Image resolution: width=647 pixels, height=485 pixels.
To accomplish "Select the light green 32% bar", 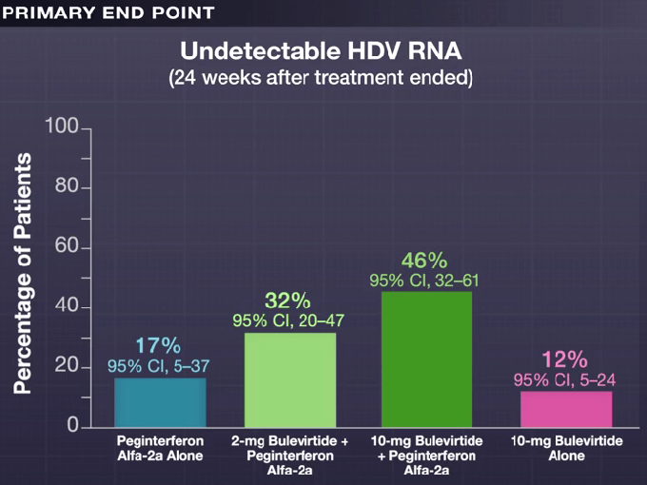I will (290, 379).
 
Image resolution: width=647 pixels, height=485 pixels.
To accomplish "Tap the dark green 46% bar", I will (427, 359).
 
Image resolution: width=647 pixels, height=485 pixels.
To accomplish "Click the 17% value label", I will (157, 345).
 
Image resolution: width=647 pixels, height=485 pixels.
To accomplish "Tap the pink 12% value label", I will (564, 359).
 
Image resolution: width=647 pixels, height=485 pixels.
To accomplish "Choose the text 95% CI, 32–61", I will (423, 281).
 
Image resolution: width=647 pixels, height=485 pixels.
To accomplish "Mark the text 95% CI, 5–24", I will (564, 380).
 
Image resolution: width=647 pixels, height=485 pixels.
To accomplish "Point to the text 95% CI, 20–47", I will (288, 321).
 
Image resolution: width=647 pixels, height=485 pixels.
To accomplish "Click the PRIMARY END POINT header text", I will (109, 12).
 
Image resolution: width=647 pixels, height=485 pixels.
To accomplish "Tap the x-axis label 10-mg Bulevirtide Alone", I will (566, 449).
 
